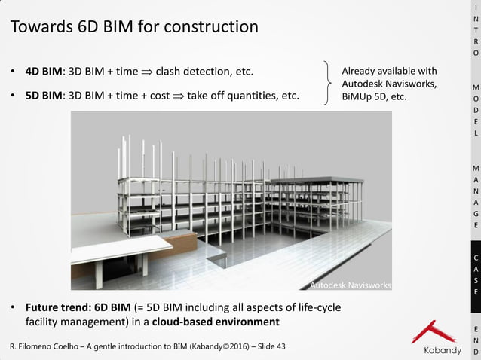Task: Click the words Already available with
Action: point(389,70)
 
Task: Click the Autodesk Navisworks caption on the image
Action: point(351,285)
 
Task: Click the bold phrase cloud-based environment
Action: point(216,322)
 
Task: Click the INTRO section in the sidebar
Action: point(475,30)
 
